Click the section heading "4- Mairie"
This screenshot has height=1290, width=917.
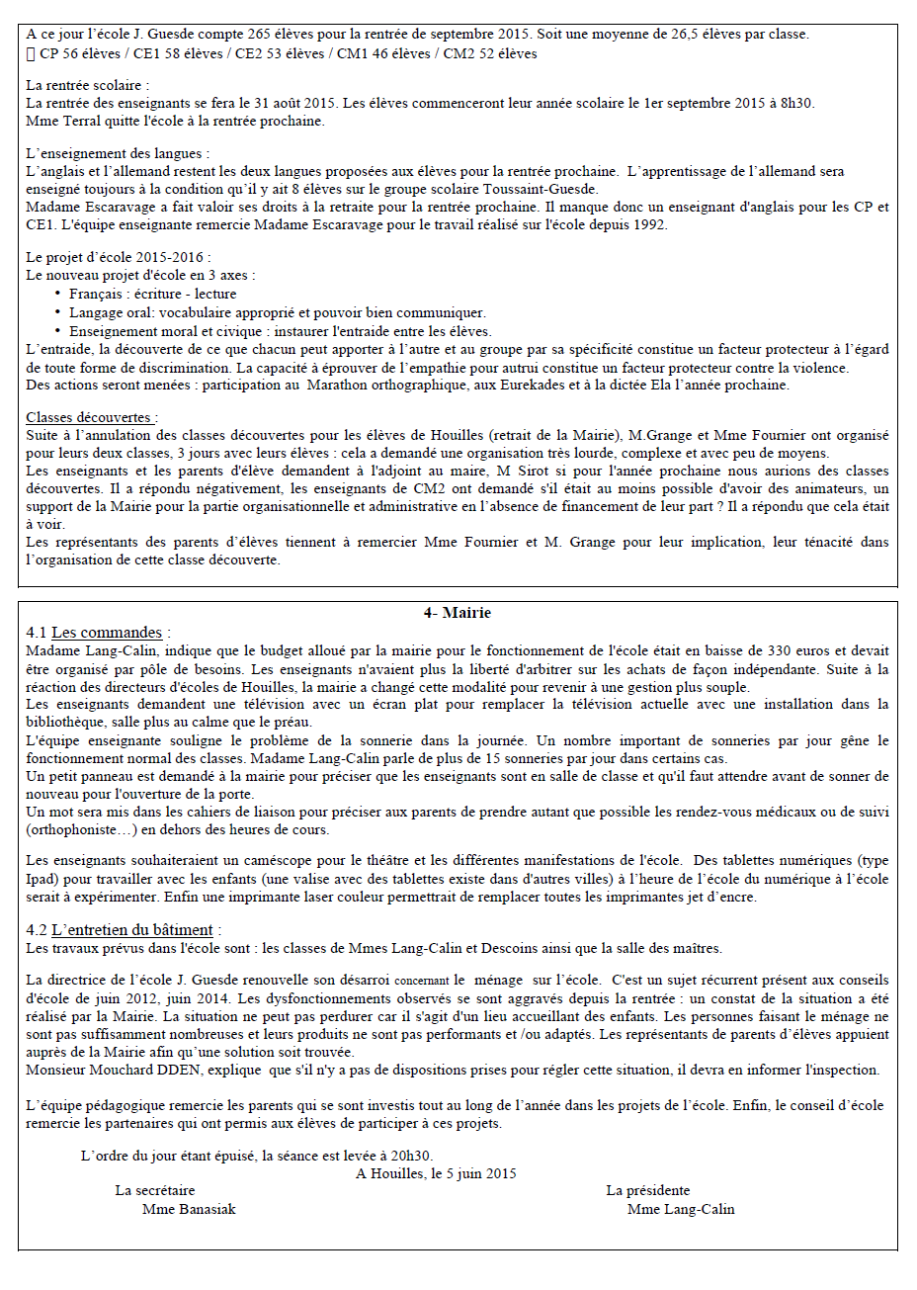[x=457, y=613]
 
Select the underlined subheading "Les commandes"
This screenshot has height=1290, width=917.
[x=107, y=633]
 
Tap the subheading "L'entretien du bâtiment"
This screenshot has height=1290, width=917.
[x=131, y=929]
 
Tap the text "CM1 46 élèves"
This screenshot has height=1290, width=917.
[x=383, y=53]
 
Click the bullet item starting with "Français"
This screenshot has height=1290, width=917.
[x=152, y=294]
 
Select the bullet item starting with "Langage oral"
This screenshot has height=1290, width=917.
[x=277, y=312]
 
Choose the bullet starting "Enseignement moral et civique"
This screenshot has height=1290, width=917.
[x=280, y=331]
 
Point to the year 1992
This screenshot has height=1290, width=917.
[x=650, y=224]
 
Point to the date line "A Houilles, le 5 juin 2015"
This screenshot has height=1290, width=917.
[x=436, y=1173]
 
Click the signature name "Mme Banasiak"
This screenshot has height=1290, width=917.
[x=189, y=1209]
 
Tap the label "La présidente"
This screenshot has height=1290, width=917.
[x=647, y=1190]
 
